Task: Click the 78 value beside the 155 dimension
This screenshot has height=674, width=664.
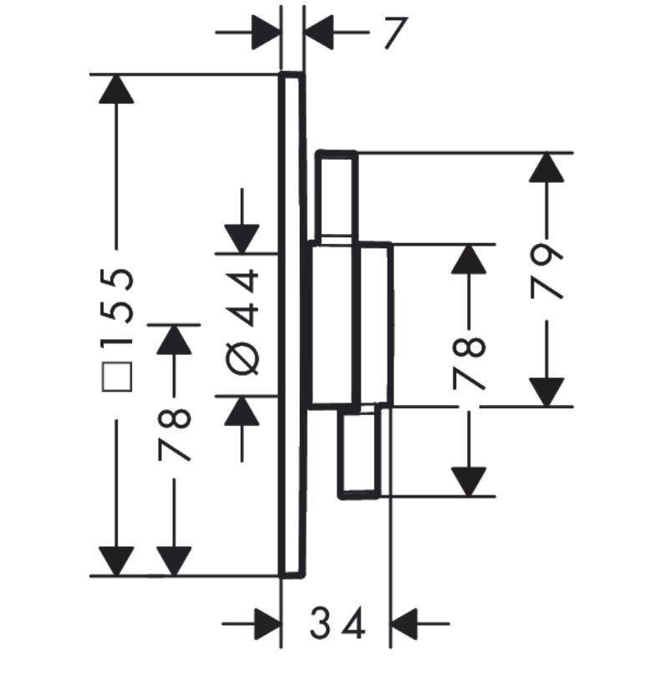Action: coord(175,435)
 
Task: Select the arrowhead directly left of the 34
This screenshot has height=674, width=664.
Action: coord(266,623)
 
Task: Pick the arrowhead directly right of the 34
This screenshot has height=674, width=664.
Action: coord(405,623)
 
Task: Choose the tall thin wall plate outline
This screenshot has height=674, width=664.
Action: coord(292,325)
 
